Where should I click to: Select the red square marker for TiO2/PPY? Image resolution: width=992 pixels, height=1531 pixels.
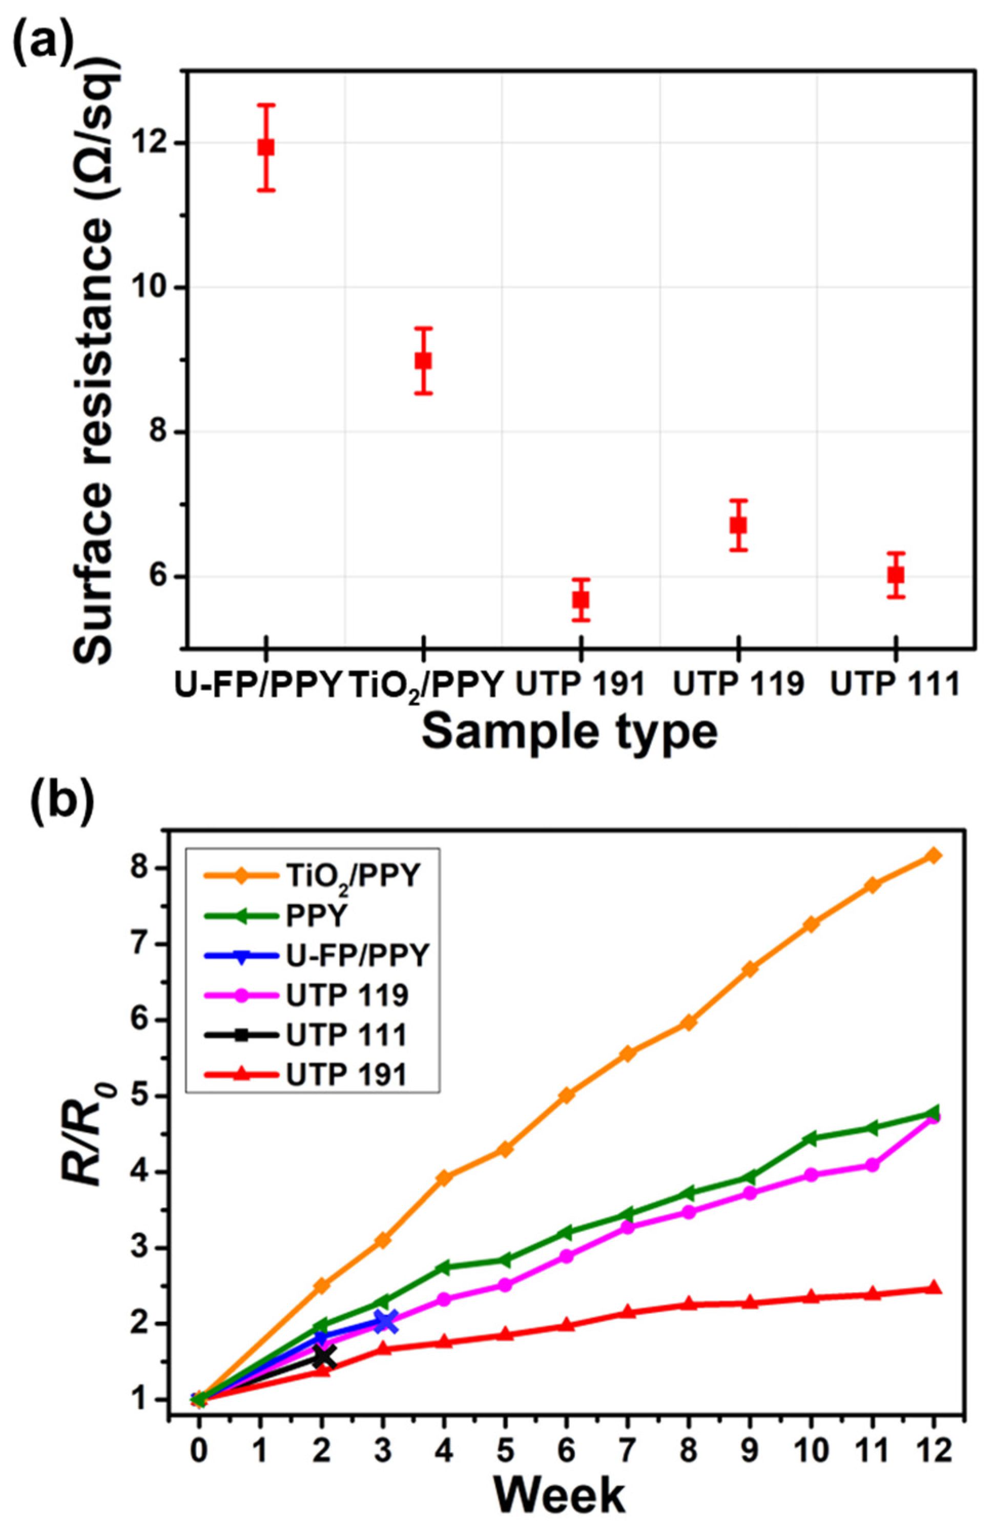(423, 360)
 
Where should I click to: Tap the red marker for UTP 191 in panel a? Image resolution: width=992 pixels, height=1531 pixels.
(581, 599)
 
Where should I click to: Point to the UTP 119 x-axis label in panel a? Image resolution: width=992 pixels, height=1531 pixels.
(738, 686)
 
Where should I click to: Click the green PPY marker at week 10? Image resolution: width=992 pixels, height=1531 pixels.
(811, 1138)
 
